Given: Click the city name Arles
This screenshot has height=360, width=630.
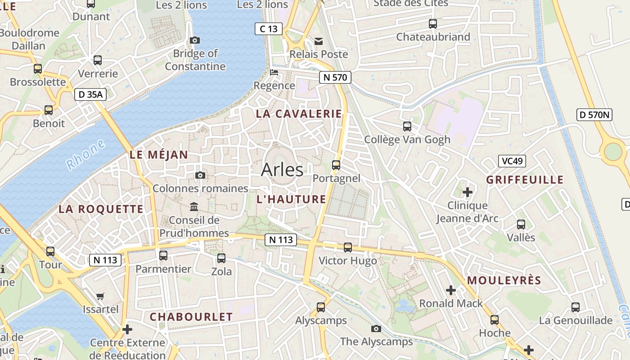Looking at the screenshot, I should click(x=282, y=170).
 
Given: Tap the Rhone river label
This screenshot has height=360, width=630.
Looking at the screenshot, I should click(x=85, y=155).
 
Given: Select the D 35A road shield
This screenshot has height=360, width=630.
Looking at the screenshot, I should click(x=90, y=94).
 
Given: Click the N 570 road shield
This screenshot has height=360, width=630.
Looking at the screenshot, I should click(x=335, y=77).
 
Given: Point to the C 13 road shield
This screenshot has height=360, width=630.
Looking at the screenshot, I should click(x=269, y=29).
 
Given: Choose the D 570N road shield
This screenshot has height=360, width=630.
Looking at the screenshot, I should click(x=594, y=115).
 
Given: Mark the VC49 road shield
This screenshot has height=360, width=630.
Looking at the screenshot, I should click(x=512, y=161).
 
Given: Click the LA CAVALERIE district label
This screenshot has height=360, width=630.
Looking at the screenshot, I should click(x=299, y=114).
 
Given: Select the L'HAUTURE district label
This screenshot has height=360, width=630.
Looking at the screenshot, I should click(x=291, y=199).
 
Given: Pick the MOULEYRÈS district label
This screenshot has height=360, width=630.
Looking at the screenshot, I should click(x=504, y=281).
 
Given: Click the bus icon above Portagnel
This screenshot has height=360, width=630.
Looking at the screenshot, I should click(x=336, y=165).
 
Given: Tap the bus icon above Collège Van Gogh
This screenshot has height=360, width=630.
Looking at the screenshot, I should click(x=407, y=126).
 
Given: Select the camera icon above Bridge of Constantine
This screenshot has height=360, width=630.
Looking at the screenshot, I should click(x=195, y=40).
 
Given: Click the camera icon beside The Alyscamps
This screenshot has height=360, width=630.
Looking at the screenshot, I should click(x=376, y=329).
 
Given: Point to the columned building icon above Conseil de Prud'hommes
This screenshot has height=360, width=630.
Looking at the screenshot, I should click(x=194, y=207).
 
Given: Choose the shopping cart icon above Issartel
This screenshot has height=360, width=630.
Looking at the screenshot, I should click(x=100, y=296).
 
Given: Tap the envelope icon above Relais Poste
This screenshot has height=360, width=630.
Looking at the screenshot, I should click(x=319, y=41).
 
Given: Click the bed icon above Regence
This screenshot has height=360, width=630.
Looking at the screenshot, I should click(x=274, y=72).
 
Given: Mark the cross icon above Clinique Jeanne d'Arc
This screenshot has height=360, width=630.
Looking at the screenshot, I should click(x=468, y=192).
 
